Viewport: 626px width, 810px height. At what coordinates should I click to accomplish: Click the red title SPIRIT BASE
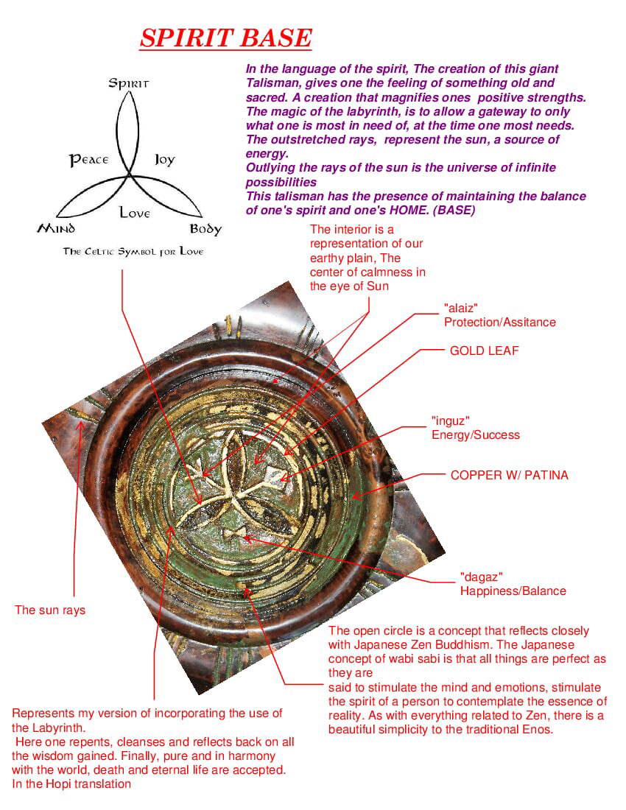click(225, 38)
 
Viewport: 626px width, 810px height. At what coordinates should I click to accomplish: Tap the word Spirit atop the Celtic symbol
click(129, 83)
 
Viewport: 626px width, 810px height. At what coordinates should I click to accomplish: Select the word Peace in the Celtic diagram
click(89, 160)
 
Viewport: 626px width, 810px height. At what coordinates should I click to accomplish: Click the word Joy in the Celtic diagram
click(165, 160)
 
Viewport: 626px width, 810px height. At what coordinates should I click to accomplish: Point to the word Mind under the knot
click(56, 228)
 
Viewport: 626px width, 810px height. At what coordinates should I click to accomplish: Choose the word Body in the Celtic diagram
click(205, 229)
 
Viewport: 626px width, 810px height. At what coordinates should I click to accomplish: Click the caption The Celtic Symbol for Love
click(133, 252)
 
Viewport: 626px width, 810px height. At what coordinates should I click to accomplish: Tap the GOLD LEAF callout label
click(484, 351)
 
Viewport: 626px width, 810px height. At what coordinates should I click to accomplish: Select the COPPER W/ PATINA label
click(510, 475)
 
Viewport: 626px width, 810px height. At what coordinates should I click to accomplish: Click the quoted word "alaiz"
click(461, 309)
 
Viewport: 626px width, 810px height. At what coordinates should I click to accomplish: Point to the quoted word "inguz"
click(451, 421)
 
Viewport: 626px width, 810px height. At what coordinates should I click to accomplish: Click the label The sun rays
click(50, 610)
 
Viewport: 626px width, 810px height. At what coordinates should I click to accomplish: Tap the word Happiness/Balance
click(513, 591)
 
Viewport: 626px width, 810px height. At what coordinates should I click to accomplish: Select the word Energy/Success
click(476, 435)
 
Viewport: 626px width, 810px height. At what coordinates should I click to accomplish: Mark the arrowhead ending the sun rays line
click(80, 426)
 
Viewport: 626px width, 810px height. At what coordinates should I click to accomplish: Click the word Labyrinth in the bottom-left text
click(59, 728)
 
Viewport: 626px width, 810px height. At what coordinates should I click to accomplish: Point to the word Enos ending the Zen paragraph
click(539, 730)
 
